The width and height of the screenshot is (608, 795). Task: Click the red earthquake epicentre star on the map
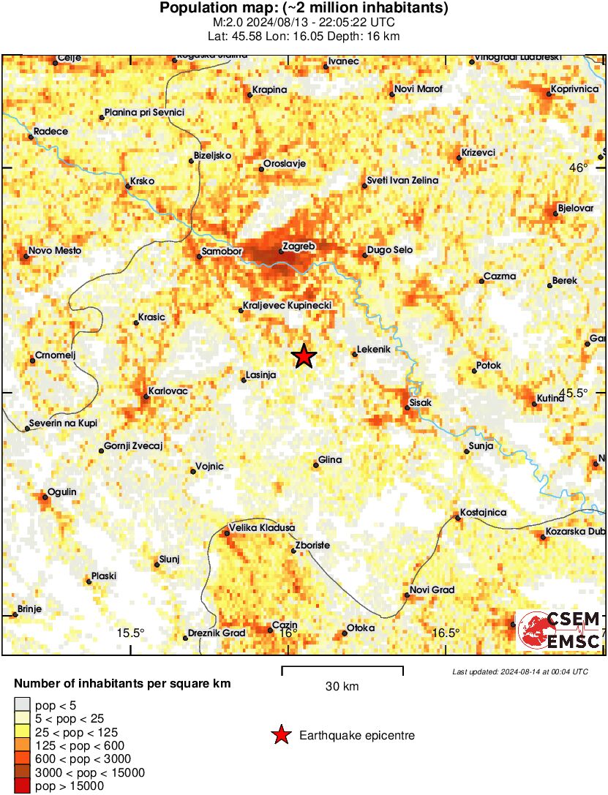pos(304,356)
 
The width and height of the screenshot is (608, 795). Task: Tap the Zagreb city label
pos(299,247)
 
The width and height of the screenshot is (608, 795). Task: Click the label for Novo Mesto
pos(55,251)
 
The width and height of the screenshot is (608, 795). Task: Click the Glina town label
pos(330,460)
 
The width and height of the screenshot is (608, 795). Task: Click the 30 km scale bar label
pos(342,687)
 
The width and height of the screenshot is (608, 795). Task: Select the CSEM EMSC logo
pos(560,630)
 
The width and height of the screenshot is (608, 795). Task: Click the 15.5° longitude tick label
pos(131,633)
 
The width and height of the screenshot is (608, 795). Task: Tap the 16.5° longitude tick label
pos(447,633)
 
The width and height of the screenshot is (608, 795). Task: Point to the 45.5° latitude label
pos(574,393)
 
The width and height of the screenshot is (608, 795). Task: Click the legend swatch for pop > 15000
pos(22,786)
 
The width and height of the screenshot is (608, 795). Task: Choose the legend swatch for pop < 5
pos(22,705)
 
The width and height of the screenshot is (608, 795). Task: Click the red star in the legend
pos(280,735)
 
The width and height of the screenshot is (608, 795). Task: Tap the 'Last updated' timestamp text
pos(519,671)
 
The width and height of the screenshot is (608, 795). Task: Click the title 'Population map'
pos(304,8)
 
